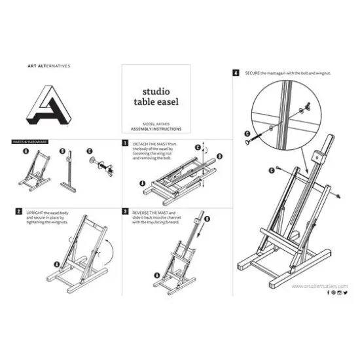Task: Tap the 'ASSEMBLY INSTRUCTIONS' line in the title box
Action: (x=156, y=129)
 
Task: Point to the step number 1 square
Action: (x=125, y=142)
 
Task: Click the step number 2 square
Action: (x=18, y=212)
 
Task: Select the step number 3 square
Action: (x=125, y=212)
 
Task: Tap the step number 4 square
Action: (x=235, y=73)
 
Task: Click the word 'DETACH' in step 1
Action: (x=141, y=143)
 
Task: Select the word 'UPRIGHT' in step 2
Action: (x=35, y=212)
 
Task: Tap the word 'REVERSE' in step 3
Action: (x=142, y=212)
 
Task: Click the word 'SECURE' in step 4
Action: (x=253, y=73)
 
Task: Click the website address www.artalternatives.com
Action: (x=319, y=285)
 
